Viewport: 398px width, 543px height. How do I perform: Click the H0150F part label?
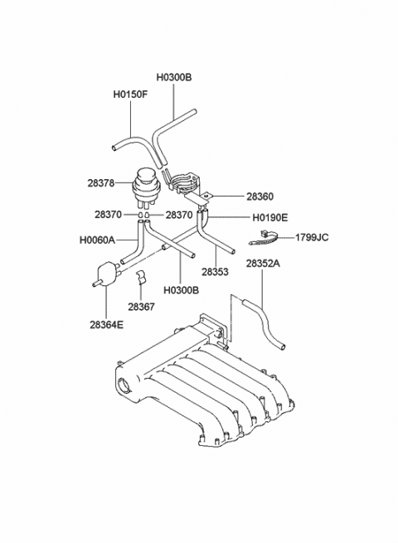point(130,94)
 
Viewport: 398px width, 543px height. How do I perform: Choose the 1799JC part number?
point(311,237)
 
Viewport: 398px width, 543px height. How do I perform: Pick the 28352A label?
point(263,264)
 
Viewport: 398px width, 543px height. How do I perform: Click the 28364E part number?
point(107,326)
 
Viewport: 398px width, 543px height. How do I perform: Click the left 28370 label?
point(108,215)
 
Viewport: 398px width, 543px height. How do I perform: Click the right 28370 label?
point(179,215)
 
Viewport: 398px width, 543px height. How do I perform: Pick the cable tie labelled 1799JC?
point(262,241)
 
